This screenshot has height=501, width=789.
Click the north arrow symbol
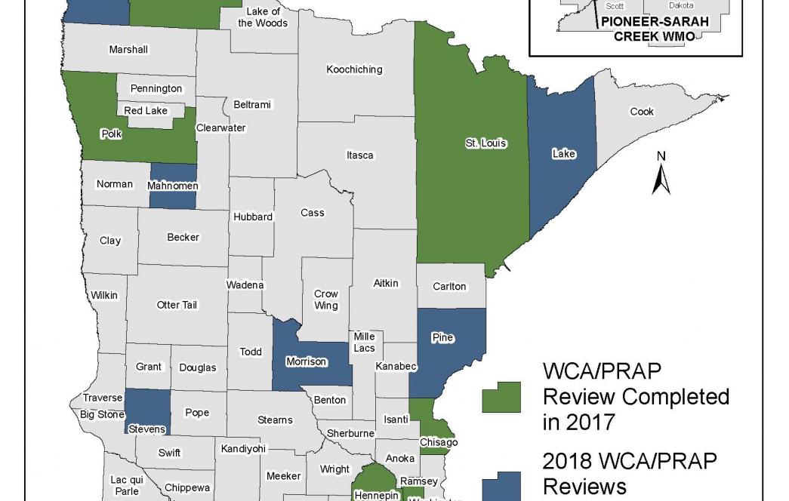click(x=661, y=174)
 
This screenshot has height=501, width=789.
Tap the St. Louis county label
click(x=485, y=143)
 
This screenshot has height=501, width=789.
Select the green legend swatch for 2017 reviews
click(x=501, y=397)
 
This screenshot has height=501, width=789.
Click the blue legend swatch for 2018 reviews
click(x=501, y=486)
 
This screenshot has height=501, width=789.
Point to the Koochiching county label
click(x=354, y=69)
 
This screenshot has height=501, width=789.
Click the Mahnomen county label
click(x=173, y=186)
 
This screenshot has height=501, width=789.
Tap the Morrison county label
click(x=307, y=361)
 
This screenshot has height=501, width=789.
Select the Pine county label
click(x=442, y=337)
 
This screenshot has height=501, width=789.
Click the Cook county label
click(x=642, y=112)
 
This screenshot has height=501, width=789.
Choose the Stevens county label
click(x=146, y=429)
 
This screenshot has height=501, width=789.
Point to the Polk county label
click(x=112, y=134)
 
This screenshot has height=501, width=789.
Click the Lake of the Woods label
click(x=263, y=17)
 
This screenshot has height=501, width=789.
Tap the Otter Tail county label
click(x=177, y=305)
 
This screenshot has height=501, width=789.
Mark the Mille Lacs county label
click(x=365, y=343)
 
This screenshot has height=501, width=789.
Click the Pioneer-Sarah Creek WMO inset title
click(x=655, y=29)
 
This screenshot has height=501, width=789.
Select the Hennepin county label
click(x=375, y=496)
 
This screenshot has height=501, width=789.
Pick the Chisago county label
click(x=439, y=443)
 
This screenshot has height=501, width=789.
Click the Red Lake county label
click(x=146, y=111)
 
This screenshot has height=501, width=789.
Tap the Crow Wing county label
click(x=326, y=300)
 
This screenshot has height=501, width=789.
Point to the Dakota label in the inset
click(x=680, y=5)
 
